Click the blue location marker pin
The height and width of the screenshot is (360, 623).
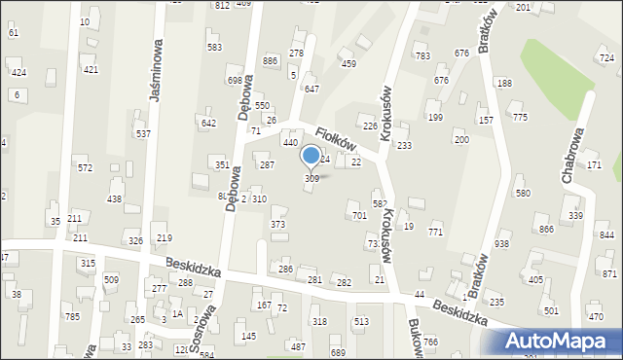pyautogui.click(x=311, y=156)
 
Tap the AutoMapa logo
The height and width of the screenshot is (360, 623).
pyautogui.click(x=558, y=341)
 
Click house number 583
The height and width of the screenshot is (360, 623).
pyautogui.click(x=214, y=47)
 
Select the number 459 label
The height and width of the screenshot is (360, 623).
pyautogui.click(x=348, y=64)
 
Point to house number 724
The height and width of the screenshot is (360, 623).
pyautogui.click(x=606, y=58)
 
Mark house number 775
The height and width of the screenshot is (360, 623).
pyautogui.click(x=520, y=117)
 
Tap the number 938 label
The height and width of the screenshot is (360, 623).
pyautogui.click(x=502, y=243)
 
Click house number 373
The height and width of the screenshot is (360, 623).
pyautogui.click(x=278, y=225)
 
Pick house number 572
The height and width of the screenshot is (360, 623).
pyautogui.click(x=86, y=168)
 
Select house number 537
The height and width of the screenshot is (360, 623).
pyautogui.click(x=143, y=133)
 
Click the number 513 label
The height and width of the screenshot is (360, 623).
pyautogui.click(x=361, y=321)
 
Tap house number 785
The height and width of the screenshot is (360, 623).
pyautogui.click(x=71, y=316)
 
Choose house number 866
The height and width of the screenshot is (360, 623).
pyautogui.click(x=546, y=229)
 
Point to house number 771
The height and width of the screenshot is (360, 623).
pyautogui.click(x=435, y=232)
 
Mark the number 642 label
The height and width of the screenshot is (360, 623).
pyautogui.click(x=208, y=123)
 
